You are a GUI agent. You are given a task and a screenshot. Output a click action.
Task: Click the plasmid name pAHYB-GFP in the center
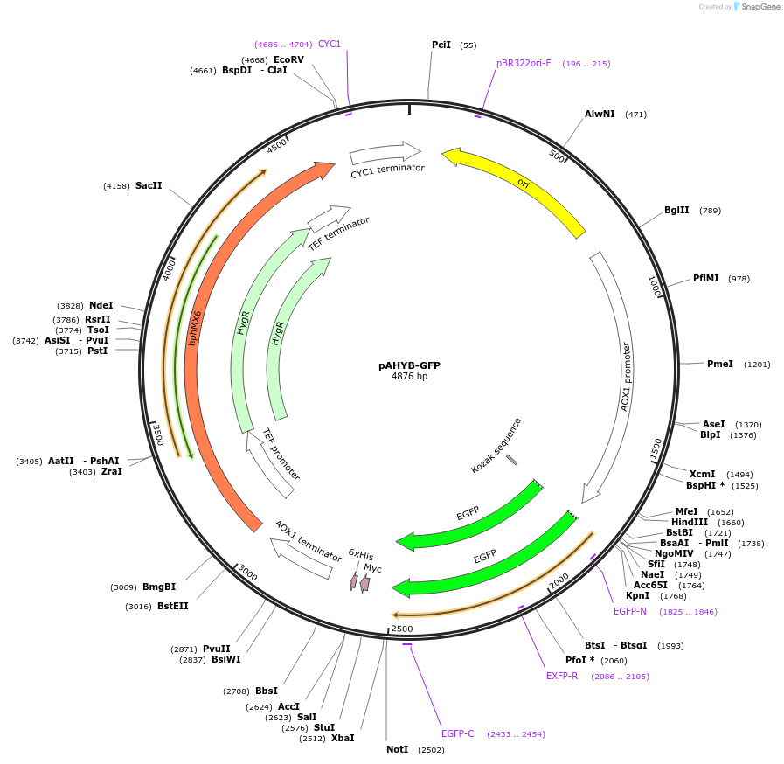pyautogui.click(x=409, y=365)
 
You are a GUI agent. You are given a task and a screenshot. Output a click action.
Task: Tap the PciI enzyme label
pyautogui.click(x=441, y=45)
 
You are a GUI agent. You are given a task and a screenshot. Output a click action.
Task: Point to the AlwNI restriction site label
pyautogui.click(x=600, y=115)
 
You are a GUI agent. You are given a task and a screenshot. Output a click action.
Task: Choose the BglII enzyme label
pyautogui.click(x=676, y=210)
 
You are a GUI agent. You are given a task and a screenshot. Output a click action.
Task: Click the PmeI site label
pyautogui.click(x=720, y=364)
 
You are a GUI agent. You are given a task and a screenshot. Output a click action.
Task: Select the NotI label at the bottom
pyautogui.click(x=397, y=749)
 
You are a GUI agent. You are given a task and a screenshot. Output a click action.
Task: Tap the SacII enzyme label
pyautogui.click(x=149, y=185)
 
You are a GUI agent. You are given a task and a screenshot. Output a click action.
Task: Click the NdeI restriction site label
pyautogui.click(x=101, y=305)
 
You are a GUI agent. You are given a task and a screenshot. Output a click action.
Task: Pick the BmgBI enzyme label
pyautogui.click(x=159, y=587)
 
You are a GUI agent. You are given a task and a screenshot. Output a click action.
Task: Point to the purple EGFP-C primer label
pyautogui.click(x=457, y=733)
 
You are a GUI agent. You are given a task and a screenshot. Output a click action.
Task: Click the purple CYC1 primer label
pyautogui.click(x=330, y=44)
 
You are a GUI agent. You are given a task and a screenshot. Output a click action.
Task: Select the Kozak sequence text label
pyautogui.click(x=496, y=446)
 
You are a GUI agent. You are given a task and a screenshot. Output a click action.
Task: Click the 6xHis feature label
pyautogui.click(x=360, y=554)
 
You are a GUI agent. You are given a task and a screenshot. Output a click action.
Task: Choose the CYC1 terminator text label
pyautogui.click(x=387, y=170)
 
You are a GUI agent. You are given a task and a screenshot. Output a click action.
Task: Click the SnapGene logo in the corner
pyautogui.click(x=753, y=7)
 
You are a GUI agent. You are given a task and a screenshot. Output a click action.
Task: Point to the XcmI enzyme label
pyautogui.click(x=702, y=474)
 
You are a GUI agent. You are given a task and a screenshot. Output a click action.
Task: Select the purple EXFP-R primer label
pyautogui.click(x=562, y=676)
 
